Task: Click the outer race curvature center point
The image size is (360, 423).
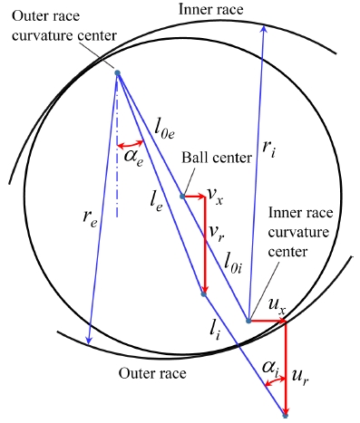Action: click(118, 73)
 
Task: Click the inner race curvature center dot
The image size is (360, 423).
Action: click(248, 320)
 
